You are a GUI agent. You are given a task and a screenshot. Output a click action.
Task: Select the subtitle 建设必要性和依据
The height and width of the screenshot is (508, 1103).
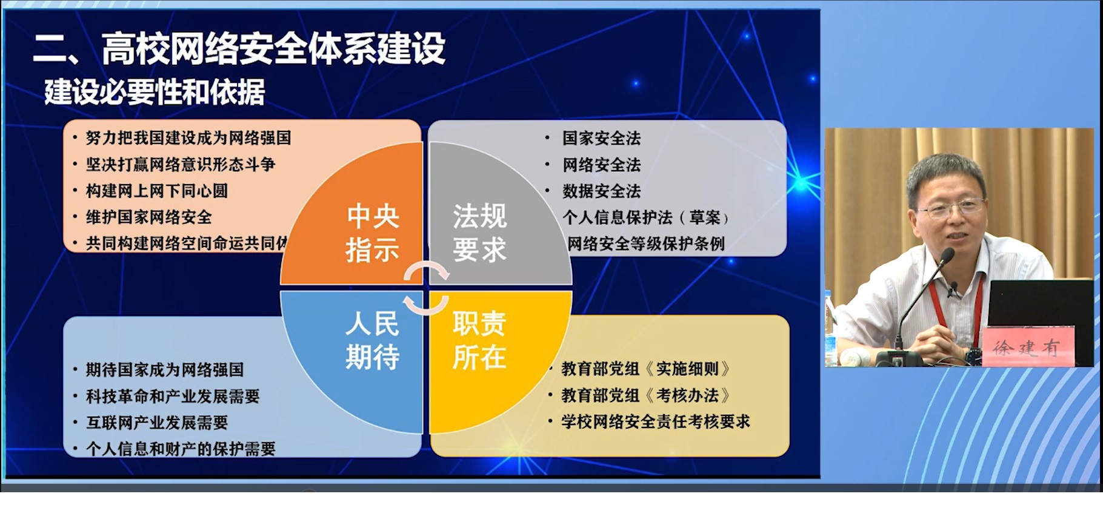pyautogui.click(x=155, y=93)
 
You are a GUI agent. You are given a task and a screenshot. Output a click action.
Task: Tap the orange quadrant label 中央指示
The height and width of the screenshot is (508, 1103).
pyautogui.click(x=372, y=233)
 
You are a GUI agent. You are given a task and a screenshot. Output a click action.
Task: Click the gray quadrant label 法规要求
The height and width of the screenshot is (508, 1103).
pyautogui.click(x=479, y=233)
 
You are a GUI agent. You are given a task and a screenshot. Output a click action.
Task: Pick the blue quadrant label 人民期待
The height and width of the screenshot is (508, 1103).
pyautogui.click(x=372, y=340)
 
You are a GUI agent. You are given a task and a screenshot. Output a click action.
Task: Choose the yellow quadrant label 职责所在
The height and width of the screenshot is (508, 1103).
pyautogui.click(x=479, y=340)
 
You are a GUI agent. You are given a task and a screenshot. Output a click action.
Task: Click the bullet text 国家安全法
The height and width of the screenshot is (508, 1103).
pyautogui.click(x=601, y=138)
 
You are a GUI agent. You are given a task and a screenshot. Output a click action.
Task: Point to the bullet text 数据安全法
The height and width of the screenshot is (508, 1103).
pyautogui.click(x=601, y=191)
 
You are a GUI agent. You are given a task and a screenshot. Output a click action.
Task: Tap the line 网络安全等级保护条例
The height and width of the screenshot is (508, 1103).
pyautogui.click(x=646, y=244)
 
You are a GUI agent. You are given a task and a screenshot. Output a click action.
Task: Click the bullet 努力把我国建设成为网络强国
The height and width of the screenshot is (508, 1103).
pyautogui.click(x=188, y=138)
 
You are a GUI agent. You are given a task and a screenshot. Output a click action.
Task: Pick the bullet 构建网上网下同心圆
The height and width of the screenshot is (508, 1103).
pyautogui.click(x=157, y=191)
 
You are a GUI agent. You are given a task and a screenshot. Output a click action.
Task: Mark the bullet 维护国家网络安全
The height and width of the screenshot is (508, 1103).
pyautogui.click(x=149, y=217)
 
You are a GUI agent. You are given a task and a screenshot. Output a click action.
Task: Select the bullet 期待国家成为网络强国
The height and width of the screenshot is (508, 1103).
pyautogui.click(x=165, y=370)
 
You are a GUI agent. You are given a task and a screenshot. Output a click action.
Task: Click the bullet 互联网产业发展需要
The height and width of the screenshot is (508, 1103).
pyautogui.click(x=157, y=423)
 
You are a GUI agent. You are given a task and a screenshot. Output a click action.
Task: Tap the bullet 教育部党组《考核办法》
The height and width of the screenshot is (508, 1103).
pyautogui.click(x=646, y=396)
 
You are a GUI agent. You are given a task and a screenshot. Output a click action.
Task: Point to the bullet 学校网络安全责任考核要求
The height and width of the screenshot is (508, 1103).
pyautogui.click(x=656, y=422)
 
